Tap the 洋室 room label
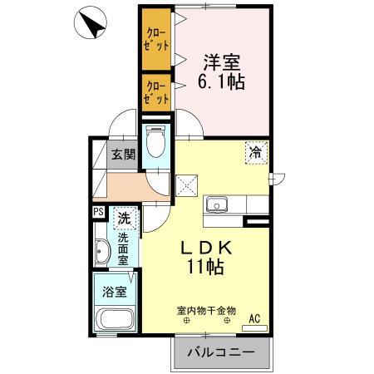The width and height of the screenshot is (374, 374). point(223,62)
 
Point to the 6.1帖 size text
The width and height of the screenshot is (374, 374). point(223,82)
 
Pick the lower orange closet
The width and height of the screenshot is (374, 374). point(155,91)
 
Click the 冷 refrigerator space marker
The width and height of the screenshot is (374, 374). point(257,152)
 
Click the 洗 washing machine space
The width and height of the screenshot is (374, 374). point(123,220)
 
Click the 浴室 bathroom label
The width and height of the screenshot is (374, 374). point(114,292)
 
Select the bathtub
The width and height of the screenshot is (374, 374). point(114,321)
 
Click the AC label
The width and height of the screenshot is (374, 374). point(256,317)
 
